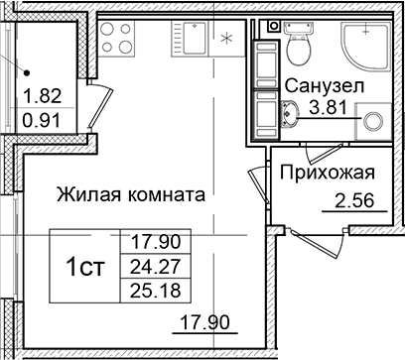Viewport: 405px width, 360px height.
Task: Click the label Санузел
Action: (x=325, y=86)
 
